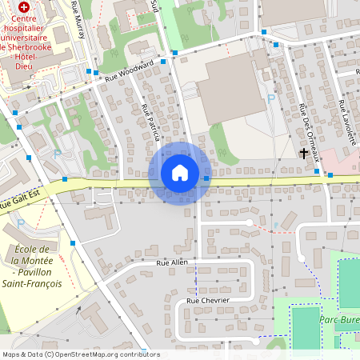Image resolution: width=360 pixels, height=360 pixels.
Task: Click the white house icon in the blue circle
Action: click(x=180, y=173)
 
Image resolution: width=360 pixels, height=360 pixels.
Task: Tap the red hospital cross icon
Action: click(x=24, y=6)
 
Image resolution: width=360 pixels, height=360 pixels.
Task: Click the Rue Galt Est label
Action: click(x=18, y=204)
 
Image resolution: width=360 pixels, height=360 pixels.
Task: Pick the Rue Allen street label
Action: click(x=171, y=262)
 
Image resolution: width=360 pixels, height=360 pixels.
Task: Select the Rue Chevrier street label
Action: click(x=207, y=300)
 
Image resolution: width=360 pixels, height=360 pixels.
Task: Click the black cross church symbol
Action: click(x=304, y=153)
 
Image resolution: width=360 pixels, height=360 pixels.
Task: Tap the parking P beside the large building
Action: click(x=270, y=98)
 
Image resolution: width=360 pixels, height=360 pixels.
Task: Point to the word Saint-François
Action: click(x=30, y=283)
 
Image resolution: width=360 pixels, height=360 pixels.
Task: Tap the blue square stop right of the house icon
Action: click(x=207, y=178)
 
